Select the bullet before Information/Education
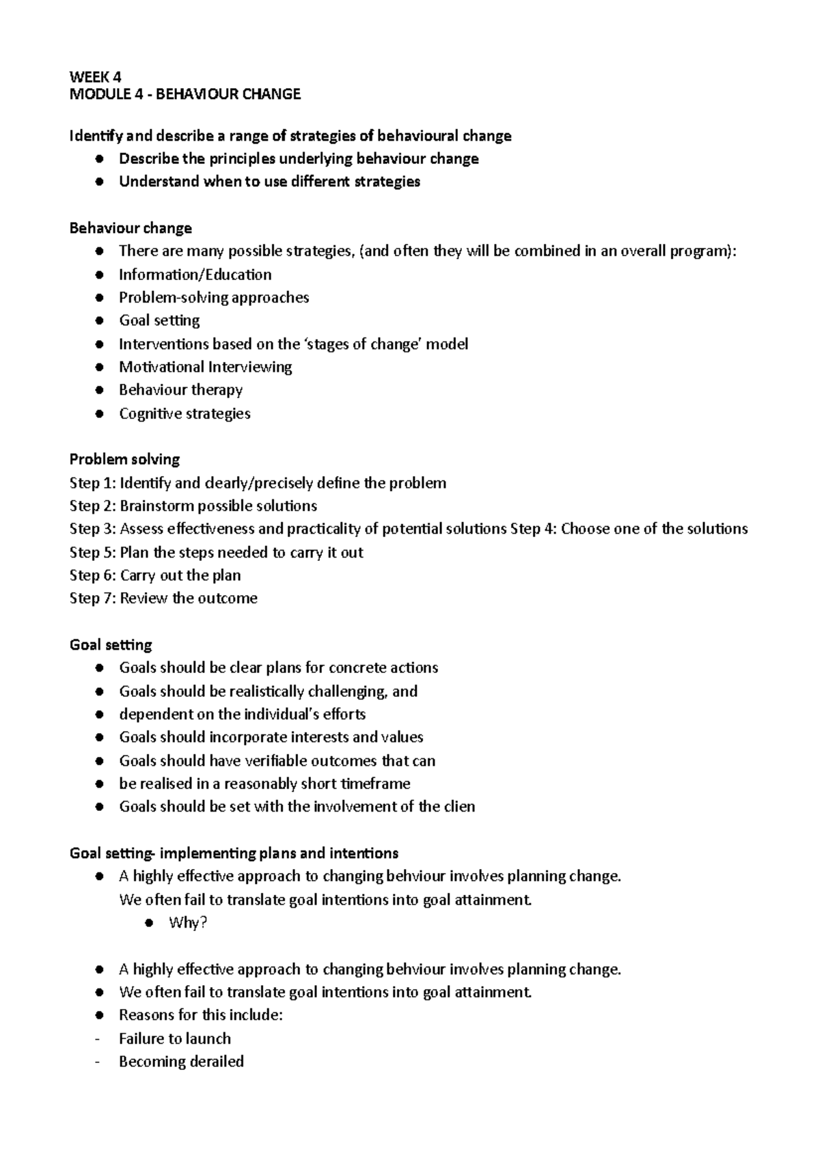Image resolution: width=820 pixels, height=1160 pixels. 100,275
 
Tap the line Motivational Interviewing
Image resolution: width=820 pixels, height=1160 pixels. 205,367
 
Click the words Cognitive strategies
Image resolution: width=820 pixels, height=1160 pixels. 184,413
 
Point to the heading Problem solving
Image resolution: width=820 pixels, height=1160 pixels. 124,459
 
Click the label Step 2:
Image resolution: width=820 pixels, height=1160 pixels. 93,506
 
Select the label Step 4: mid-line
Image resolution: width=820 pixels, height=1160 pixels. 533,529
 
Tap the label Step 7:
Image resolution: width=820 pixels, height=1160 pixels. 93,598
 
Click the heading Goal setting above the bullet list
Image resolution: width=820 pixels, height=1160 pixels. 111,644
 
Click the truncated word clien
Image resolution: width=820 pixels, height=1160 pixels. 459,806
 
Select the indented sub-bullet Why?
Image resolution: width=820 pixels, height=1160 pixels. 187,922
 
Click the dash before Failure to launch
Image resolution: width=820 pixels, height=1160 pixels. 99,1038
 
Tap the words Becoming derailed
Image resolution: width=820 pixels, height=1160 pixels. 181,1062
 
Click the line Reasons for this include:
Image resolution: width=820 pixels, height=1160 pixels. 200,1015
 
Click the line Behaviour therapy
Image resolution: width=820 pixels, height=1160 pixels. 180,390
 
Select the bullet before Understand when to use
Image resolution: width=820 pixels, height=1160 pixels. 100,182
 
